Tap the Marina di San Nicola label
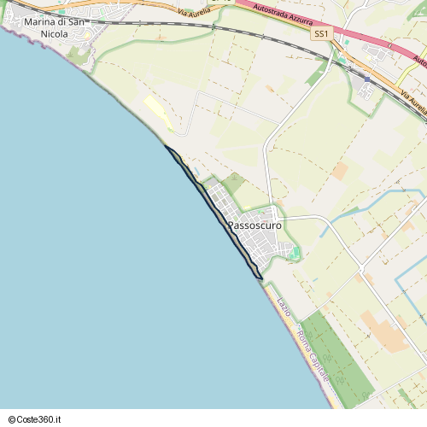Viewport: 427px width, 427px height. coord(54,27)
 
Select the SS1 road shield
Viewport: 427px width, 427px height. coord(321,33)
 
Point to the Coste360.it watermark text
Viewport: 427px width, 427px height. coord(37,419)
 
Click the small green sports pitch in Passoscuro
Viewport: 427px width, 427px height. coord(294,253)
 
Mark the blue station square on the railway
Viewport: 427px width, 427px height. coord(367,79)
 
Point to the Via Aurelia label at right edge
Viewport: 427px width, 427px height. coord(412,102)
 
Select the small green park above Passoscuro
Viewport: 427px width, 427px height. coord(233,183)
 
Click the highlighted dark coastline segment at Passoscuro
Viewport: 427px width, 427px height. coord(213,209)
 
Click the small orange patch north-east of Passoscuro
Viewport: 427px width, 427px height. coord(340,171)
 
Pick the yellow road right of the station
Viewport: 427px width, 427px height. coord(401,85)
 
